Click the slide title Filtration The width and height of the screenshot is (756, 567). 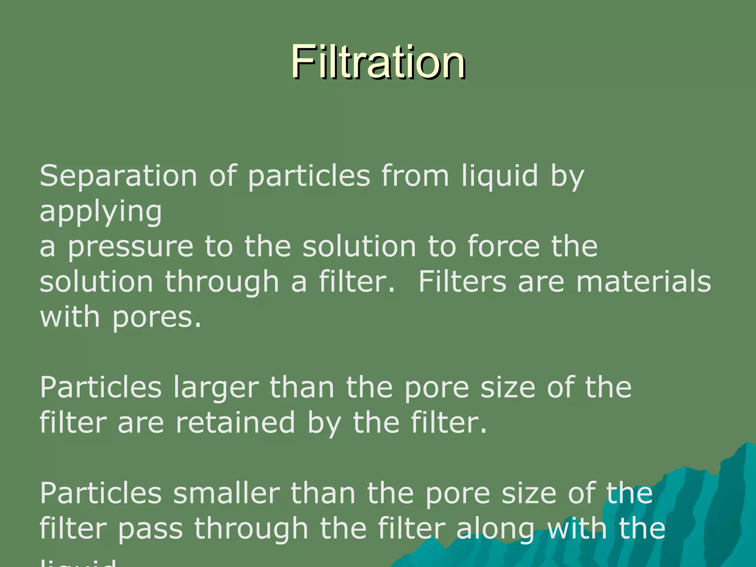378,62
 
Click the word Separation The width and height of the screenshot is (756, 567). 118,176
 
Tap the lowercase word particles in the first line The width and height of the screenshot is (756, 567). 309,176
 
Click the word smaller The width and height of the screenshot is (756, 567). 226,494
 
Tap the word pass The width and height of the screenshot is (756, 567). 151,529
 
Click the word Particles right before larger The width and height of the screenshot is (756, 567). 101,388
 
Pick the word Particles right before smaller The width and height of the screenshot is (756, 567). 101,494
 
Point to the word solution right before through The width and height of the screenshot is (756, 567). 96,282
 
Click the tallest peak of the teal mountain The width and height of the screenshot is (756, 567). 748,443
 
